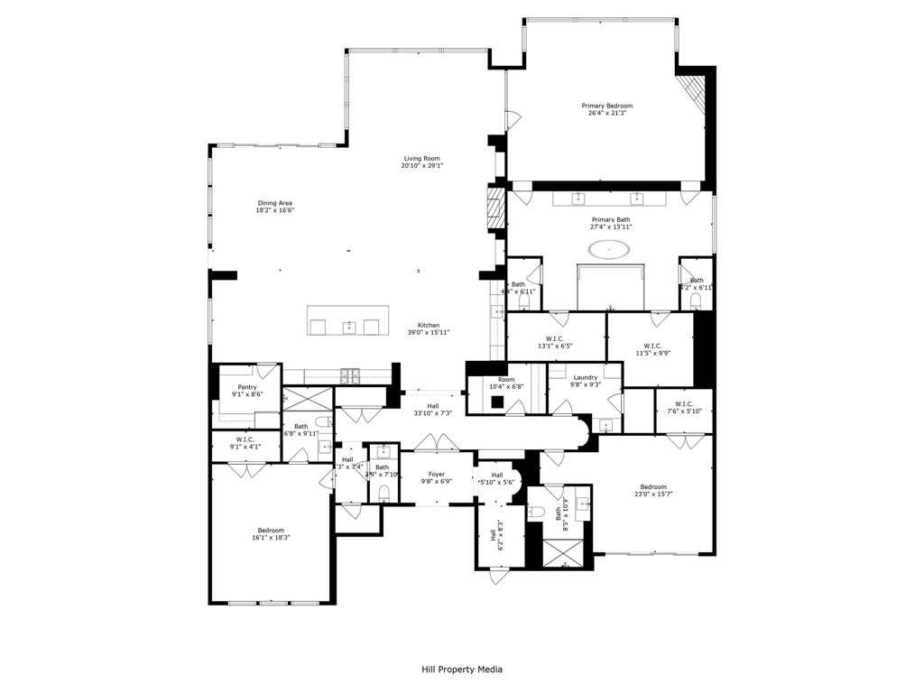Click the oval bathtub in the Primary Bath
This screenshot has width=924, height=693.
tap(611, 247)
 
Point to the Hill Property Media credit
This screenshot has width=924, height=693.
tap(462, 670)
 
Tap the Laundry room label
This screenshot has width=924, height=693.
tap(585, 377)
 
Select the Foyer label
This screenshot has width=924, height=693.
tap(437, 474)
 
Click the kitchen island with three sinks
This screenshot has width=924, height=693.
tap(348, 320)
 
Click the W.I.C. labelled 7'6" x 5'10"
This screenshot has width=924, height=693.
tap(682, 407)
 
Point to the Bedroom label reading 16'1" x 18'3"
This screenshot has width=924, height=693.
tap(271, 533)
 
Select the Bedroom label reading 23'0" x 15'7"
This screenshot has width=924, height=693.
tap(653, 490)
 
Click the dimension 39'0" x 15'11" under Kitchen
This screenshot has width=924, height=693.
tap(429, 333)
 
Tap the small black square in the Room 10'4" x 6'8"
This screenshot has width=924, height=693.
tap(496, 402)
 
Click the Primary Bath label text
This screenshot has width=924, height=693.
tap(611, 219)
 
